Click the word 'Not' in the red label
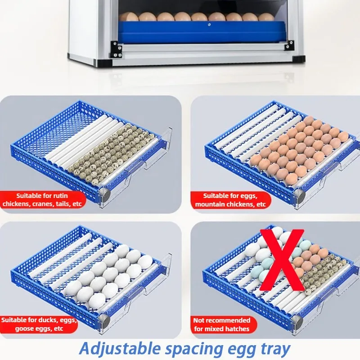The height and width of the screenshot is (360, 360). click(199, 320)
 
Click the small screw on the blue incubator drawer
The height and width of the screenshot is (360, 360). click(209, 25)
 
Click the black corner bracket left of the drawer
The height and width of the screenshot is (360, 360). click(116, 49)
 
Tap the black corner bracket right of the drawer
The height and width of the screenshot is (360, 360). click(289, 45)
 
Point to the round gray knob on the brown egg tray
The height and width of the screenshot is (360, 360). click(300, 196)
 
